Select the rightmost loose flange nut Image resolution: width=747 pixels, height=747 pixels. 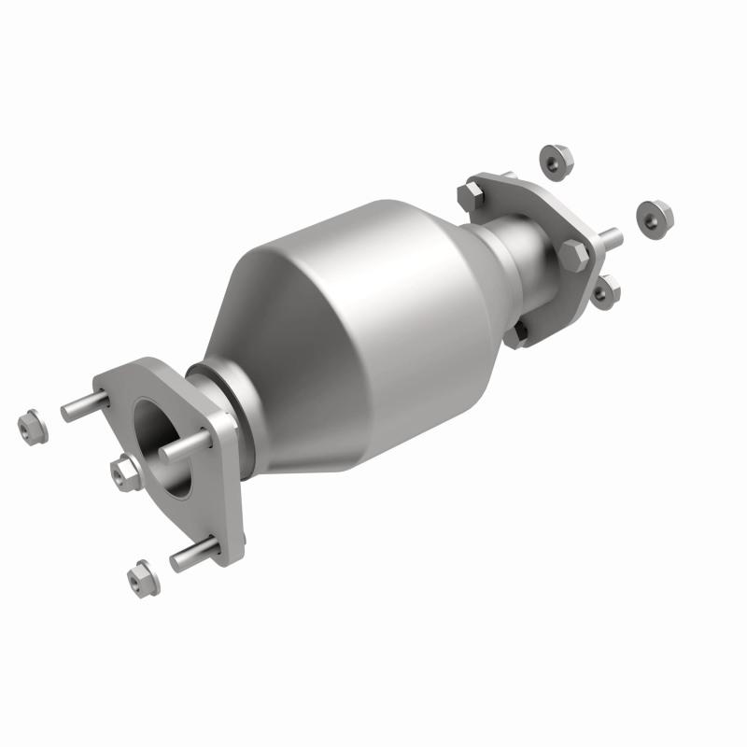coord(655,217)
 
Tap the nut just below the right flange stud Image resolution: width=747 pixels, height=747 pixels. coord(604,290)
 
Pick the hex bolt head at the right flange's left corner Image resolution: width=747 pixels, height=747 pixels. coord(470,197)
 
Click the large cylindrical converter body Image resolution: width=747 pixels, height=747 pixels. coord(373,299)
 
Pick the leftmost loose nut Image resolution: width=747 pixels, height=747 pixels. coord(33,427)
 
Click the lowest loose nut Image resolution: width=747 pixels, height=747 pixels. coord(140,578)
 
